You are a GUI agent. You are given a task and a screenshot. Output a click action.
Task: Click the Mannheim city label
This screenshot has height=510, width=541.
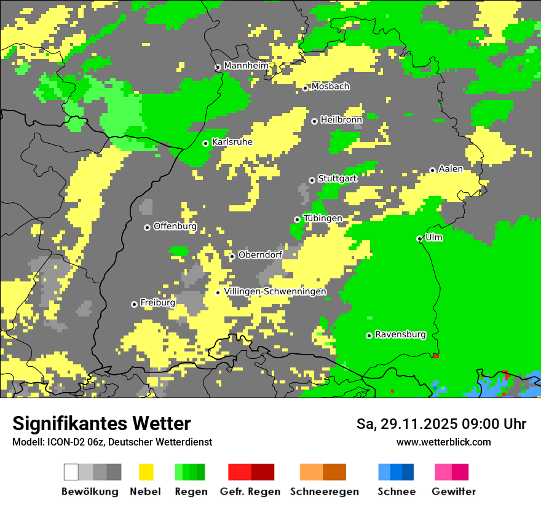247,66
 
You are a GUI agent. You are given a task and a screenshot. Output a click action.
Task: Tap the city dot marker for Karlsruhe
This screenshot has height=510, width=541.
206,143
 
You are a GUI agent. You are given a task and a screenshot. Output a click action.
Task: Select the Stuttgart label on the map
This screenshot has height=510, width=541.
337,179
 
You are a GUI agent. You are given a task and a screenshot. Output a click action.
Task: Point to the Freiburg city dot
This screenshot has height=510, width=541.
134,304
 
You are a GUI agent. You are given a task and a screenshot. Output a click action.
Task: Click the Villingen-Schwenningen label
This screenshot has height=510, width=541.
275,292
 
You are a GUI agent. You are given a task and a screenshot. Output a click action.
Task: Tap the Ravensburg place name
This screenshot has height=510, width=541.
400,335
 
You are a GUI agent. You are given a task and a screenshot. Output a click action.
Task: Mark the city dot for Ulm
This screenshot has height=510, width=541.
420,238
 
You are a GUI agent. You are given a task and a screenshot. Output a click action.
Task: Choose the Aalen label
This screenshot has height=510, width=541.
451,169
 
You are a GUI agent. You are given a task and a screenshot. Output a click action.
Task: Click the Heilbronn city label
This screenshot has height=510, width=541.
341,120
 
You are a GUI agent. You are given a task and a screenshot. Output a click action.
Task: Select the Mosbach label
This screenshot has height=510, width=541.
330,87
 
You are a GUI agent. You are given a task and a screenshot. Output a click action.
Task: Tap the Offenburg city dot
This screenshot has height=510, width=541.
148,227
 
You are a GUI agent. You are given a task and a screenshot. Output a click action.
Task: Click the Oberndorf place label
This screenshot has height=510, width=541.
260,255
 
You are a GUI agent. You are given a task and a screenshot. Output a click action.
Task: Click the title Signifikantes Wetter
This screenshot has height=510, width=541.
101,423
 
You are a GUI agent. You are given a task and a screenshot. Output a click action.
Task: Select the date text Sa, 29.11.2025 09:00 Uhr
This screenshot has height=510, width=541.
441,424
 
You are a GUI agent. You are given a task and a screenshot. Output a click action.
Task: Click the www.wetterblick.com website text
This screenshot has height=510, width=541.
443,442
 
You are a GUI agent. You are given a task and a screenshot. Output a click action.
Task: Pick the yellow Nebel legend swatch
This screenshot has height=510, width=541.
146,472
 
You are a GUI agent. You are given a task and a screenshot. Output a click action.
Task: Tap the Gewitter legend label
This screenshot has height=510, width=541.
454,492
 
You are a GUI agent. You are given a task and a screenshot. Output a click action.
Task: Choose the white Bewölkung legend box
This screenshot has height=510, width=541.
71,472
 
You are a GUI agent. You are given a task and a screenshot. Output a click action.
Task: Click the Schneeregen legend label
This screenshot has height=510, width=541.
325,492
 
